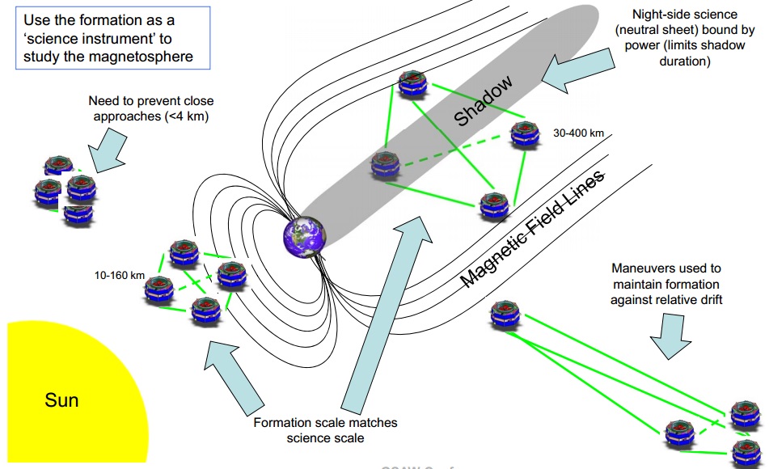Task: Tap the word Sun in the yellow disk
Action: (x=61, y=399)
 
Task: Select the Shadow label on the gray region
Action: (x=484, y=102)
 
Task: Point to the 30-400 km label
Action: (x=579, y=132)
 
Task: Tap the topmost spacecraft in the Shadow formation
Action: (x=413, y=83)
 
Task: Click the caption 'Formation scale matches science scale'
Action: (x=325, y=430)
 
